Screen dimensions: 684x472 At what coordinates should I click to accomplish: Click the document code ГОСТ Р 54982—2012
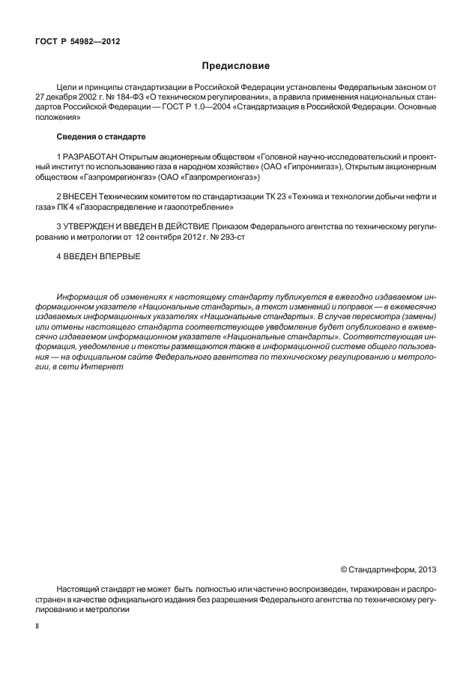[x=77, y=41]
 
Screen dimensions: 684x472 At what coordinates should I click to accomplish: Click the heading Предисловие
[x=236, y=66]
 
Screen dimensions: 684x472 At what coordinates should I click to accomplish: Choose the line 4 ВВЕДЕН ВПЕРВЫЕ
[x=98, y=257]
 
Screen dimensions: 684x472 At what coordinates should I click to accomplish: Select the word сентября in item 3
[x=168, y=237]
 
